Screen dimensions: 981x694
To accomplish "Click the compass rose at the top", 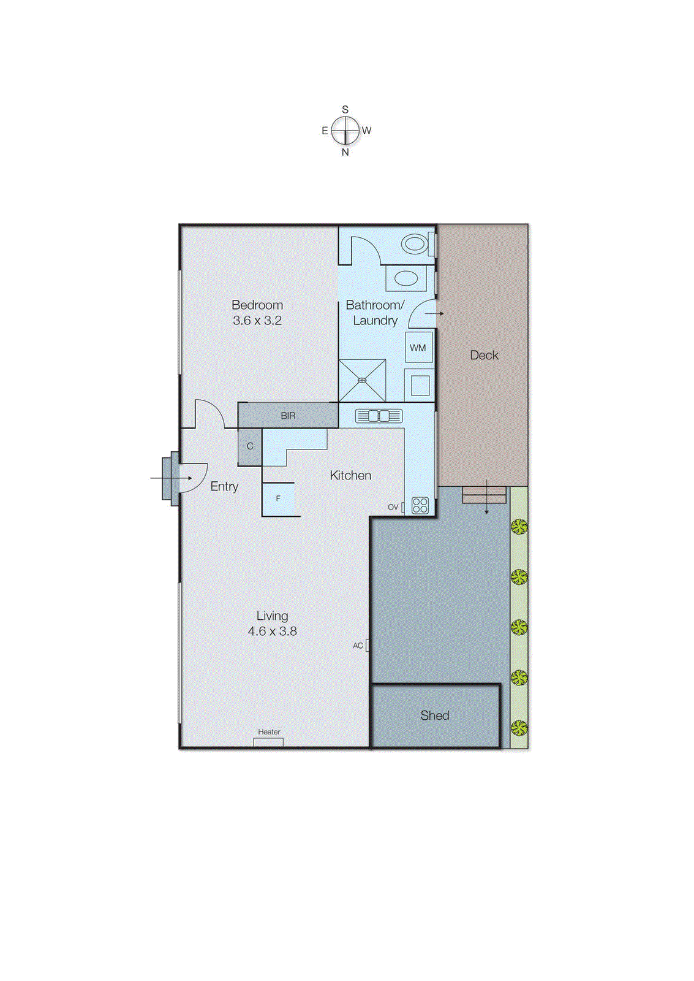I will pyautogui.click(x=345, y=131).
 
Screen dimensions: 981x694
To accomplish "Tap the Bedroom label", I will pyautogui.click(x=257, y=305).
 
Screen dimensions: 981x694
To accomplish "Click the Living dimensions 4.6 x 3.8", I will pyautogui.click(x=272, y=631).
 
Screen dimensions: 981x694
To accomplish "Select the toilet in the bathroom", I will pyautogui.click(x=415, y=244).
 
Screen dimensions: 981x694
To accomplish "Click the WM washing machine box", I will pyautogui.click(x=418, y=348).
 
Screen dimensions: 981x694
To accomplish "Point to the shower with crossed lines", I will pyautogui.click(x=362, y=380).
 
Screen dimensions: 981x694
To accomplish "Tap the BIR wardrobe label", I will pyautogui.click(x=288, y=416).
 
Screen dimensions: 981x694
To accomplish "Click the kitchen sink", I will pyautogui.click(x=379, y=416).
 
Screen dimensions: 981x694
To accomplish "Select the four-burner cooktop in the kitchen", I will pyautogui.click(x=420, y=505).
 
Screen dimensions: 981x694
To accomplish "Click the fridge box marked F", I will pyautogui.click(x=278, y=499).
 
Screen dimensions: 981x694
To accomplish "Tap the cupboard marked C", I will pyautogui.click(x=250, y=446).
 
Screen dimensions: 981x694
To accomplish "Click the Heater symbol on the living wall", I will pyautogui.click(x=268, y=742).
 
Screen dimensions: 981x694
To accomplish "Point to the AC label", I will pyautogui.click(x=358, y=646).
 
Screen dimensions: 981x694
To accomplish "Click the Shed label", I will pyautogui.click(x=434, y=716).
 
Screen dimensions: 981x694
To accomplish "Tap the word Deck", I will pyautogui.click(x=484, y=355).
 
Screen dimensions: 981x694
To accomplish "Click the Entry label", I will pyautogui.click(x=224, y=486).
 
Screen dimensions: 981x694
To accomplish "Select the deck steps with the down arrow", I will pyautogui.click(x=485, y=495).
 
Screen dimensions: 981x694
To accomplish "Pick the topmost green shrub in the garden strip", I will pyautogui.click(x=519, y=526).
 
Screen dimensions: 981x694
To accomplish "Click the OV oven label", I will pyautogui.click(x=393, y=507).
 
